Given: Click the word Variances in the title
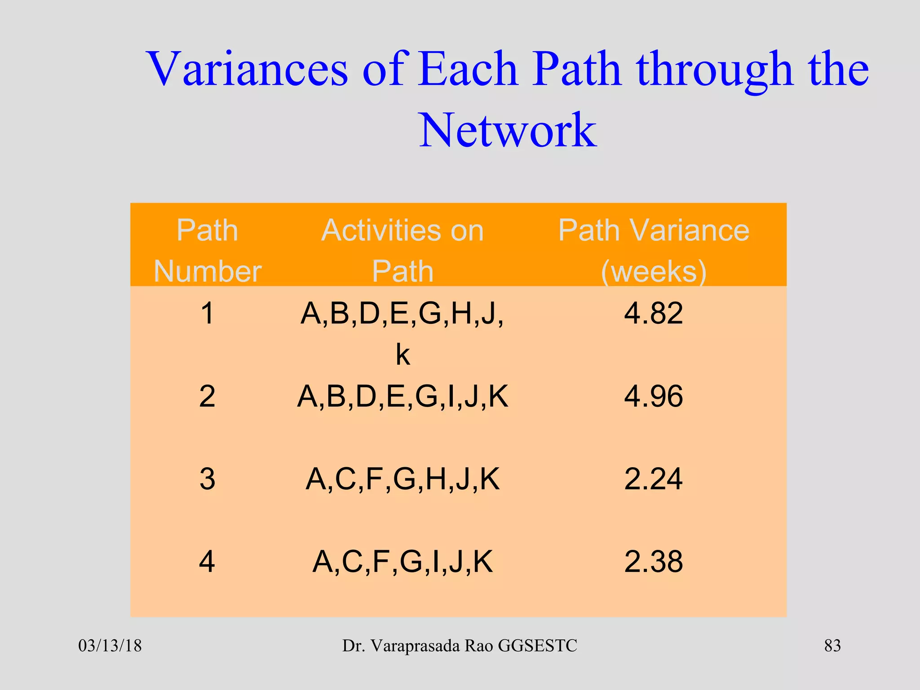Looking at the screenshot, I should [247, 70].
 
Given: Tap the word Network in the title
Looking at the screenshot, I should [508, 130].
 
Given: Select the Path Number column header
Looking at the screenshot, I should [207, 250].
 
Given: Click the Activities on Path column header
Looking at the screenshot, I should [402, 250].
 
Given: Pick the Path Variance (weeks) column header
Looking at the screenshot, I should [654, 250].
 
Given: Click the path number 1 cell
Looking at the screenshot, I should [207, 313].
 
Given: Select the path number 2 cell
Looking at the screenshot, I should [207, 396].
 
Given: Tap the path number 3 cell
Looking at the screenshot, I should [207, 479].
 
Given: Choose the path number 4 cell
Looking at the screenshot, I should [207, 562].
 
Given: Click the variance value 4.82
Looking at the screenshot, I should [654, 313].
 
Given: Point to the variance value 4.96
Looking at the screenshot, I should [654, 396].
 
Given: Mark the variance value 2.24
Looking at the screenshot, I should [654, 479].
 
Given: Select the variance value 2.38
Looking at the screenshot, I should [654, 562].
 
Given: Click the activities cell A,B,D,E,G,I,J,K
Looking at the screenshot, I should [402, 396].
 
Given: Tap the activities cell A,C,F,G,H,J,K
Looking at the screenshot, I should [402, 479].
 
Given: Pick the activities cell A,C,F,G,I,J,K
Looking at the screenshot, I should [402, 562].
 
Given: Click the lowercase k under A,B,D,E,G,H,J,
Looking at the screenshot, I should [402, 355].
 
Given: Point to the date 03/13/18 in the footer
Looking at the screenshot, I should [110, 646].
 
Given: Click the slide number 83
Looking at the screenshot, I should [832, 646].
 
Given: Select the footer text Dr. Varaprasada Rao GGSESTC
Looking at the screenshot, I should [460, 646].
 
